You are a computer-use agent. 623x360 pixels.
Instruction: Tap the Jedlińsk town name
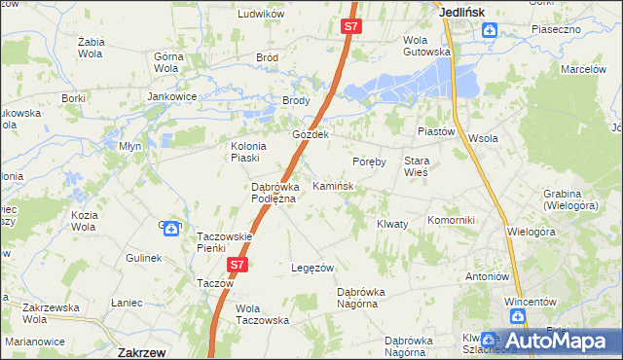pyautogui.click(x=462, y=11)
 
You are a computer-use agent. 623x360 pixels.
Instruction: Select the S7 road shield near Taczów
pyautogui.click(x=238, y=264)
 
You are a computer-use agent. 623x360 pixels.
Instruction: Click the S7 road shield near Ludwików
pyautogui.click(x=351, y=27)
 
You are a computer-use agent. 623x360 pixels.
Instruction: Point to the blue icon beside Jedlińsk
pyautogui.click(x=490, y=30)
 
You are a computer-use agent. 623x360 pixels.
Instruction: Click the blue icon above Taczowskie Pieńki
pyautogui.click(x=170, y=229)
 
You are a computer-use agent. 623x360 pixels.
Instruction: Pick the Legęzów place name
pyautogui.click(x=313, y=268)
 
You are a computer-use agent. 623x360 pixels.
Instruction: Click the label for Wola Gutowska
pyautogui.click(x=427, y=45)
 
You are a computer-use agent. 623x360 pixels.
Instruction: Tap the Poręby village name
pyautogui.click(x=370, y=161)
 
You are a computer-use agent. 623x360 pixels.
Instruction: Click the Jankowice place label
pyautogui.click(x=172, y=97)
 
